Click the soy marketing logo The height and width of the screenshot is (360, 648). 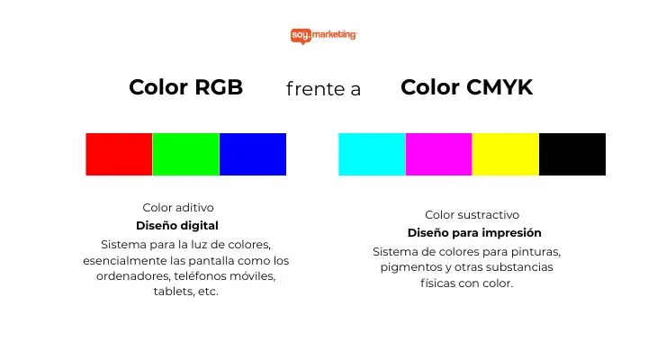pyautogui.click(x=324, y=35)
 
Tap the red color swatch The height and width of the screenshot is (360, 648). pyautogui.click(x=119, y=154)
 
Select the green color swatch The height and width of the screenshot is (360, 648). pyautogui.click(x=185, y=154)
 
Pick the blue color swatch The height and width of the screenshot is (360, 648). pyautogui.click(x=253, y=154)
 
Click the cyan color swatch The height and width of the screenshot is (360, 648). pyautogui.click(x=372, y=154)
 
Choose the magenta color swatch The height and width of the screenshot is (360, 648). pyautogui.click(x=438, y=154)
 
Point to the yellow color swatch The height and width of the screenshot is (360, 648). pyautogui.click(x=505, y=154)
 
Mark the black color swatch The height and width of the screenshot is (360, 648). pyautogui.click(x=572, y=154)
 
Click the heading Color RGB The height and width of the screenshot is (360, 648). pyautogui.click(x=185, y=87)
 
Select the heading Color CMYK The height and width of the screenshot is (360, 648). pyautogui.click(x=466, y=87)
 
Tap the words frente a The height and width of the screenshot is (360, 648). pyautogui.click(x=323, y=89)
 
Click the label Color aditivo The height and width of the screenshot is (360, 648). pyautogui.click(x=178, y=208)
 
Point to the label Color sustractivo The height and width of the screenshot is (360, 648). pyautogui.click(x=472, y=215)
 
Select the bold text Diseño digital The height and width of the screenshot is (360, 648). pyautogui.click(x=177, y=226)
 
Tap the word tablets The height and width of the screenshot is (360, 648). pyautogui.click(x=170, y=292)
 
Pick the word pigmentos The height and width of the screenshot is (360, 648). pyautogui.click(x=411, y=267)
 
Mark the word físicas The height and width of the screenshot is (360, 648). pyautogui.click(x=438, y=283)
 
